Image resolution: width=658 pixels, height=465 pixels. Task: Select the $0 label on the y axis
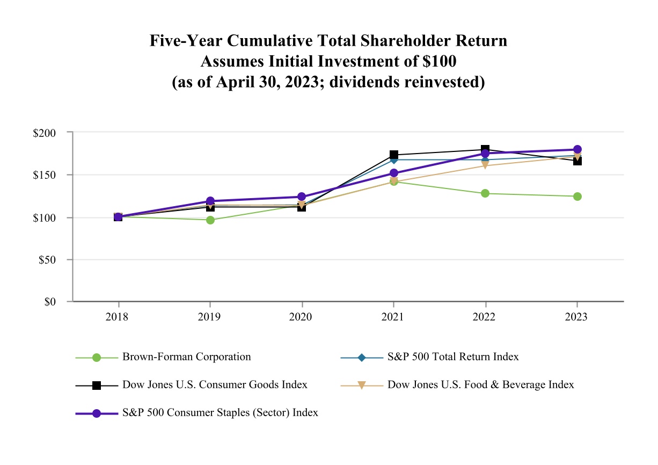pos(50,302)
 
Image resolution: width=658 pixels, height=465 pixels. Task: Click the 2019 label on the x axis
pos(209,317)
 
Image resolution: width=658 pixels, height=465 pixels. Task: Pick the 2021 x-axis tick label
pos(393,317)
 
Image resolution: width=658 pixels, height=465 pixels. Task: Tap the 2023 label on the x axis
pos(577,317)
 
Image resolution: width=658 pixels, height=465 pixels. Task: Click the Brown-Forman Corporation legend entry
pos(186,357)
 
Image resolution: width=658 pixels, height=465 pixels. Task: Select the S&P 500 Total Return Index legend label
pos(452,357)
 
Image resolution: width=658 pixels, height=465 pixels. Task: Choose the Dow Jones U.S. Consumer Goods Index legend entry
pos(215,384)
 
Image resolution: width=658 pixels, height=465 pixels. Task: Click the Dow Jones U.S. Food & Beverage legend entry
pos(480,384)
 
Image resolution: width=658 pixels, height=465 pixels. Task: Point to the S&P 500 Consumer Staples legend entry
pos(220,413)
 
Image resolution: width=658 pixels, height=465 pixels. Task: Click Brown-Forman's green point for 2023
pos(577,197)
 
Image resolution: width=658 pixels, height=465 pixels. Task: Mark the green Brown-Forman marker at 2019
pos(210,220)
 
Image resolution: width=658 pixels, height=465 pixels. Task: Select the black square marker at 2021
pos(393,155)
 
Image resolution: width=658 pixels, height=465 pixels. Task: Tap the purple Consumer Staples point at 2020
pos(302,197)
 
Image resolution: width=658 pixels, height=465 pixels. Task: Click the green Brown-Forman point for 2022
pos(485,193)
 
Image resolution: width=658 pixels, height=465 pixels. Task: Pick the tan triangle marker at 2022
pos(485,165)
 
